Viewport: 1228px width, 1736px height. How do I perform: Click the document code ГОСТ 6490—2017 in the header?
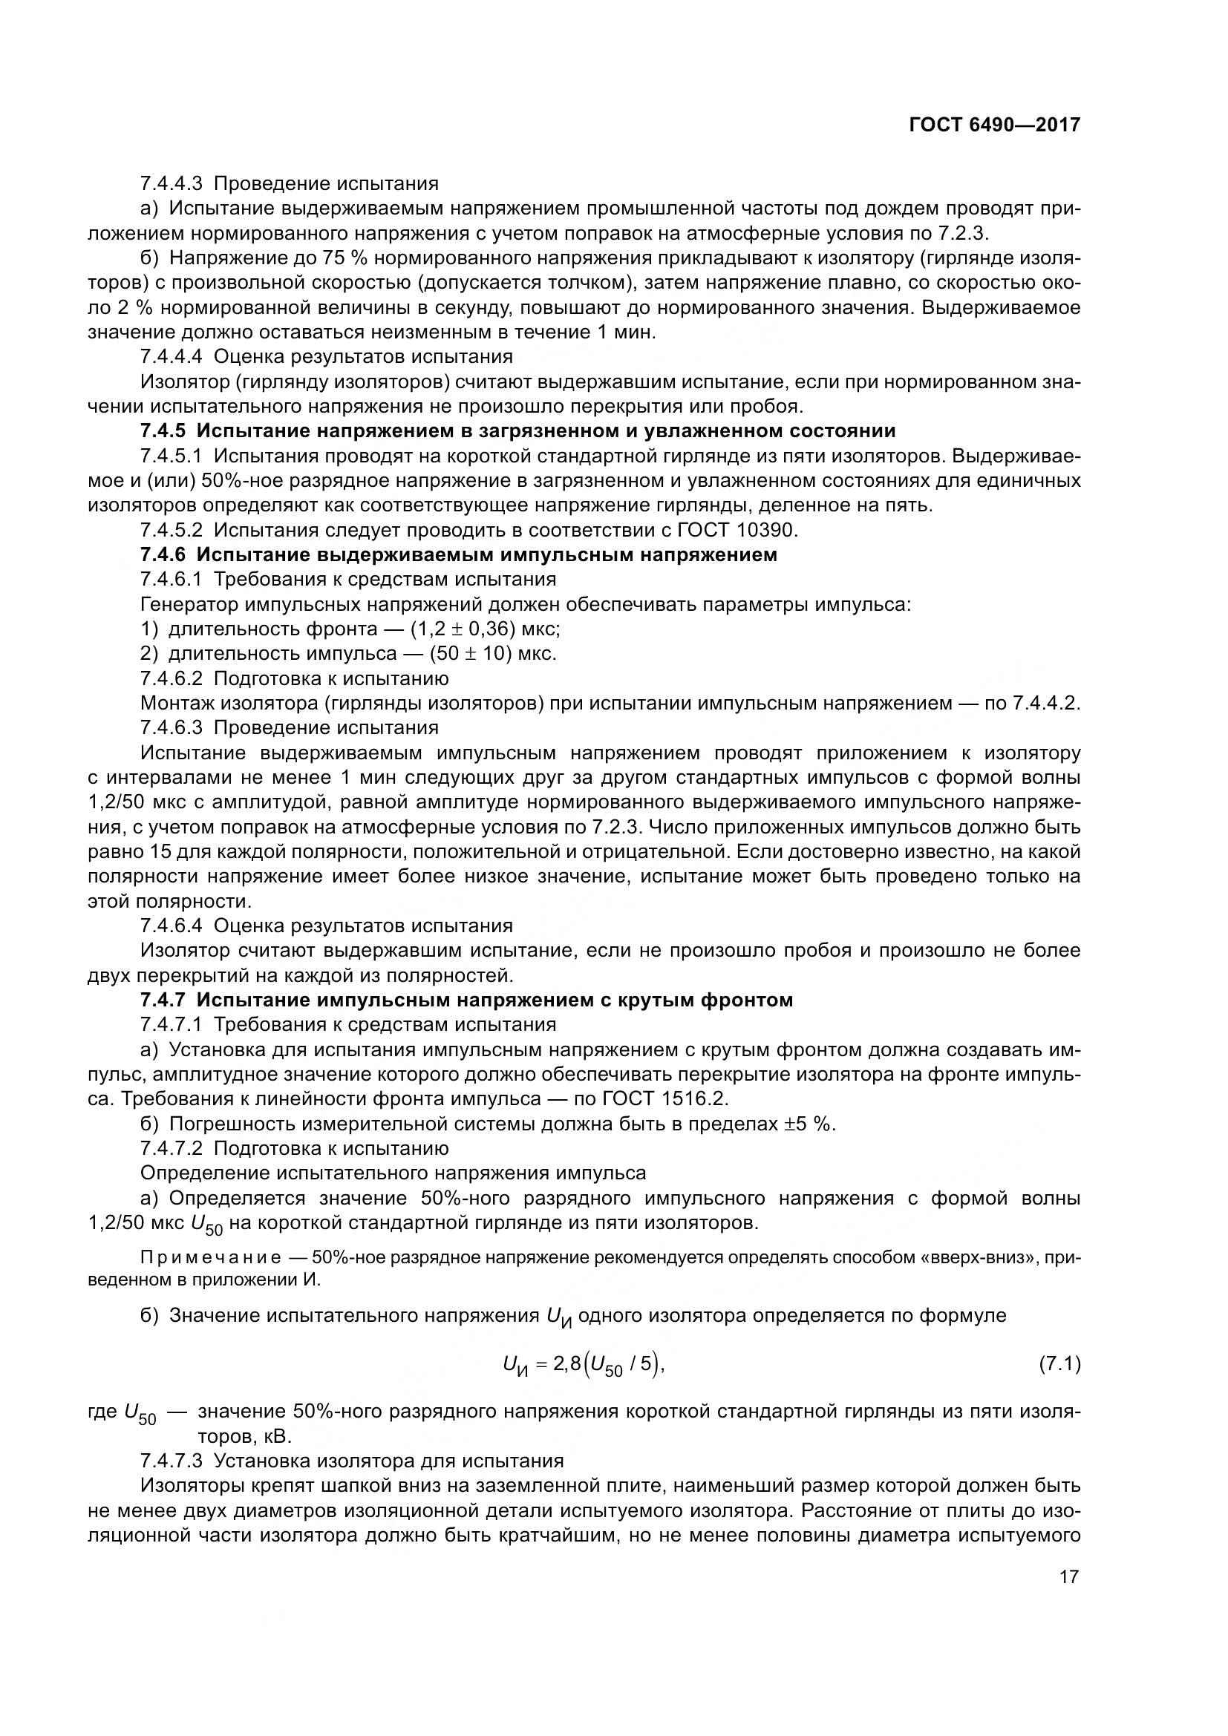tap(994, 125)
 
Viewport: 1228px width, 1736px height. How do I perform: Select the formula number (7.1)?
tap(1056, 1365)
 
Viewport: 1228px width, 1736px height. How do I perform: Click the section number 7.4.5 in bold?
tap(163, 431)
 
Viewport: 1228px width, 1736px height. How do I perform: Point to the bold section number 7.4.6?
tap(163, 555)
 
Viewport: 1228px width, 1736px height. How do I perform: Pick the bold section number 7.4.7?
tap(163, 1000)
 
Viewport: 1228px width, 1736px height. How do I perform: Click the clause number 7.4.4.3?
tap(172, 184)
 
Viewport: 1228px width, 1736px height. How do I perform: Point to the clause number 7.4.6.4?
tap(172, 926)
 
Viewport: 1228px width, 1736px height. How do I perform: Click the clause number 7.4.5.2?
tap(172, 530)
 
